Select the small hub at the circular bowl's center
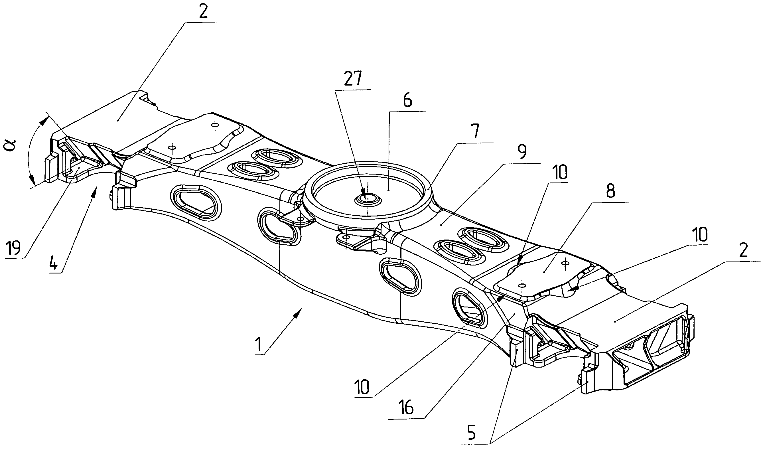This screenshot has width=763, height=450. coord(368,199)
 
